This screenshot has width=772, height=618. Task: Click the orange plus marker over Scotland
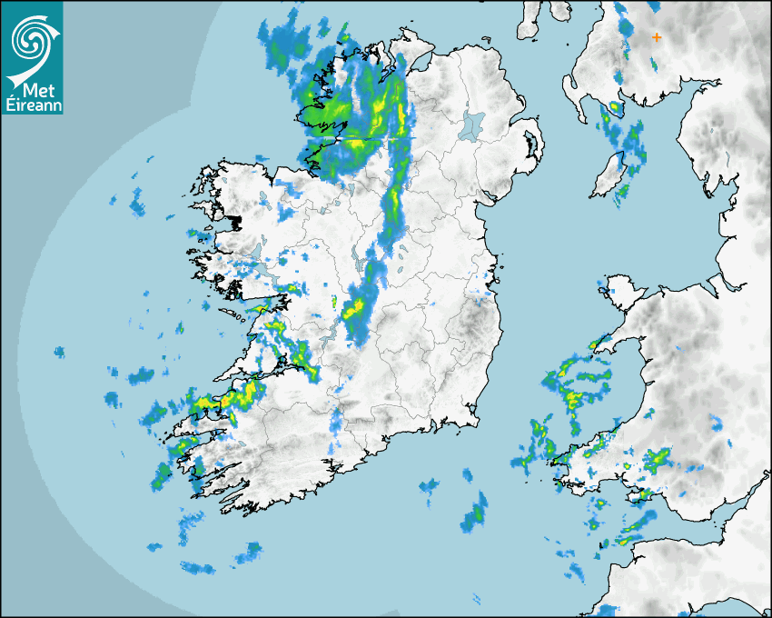click(x=657, y=37)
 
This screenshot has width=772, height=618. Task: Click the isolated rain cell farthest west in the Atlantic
click(x=60, y=352)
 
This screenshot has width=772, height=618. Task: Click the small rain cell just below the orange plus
click(x=653, y=65)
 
